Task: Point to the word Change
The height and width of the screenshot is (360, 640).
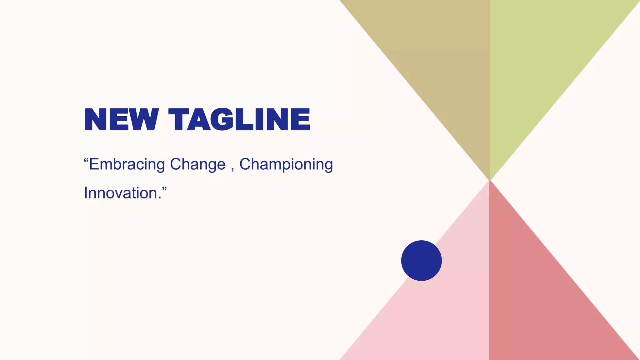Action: (197, 164)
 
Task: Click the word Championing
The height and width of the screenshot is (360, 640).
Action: (286, 164)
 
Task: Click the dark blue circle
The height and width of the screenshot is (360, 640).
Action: (421, 260)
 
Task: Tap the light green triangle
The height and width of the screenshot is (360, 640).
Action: (541, 62)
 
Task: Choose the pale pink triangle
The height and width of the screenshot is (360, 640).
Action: (437, 312)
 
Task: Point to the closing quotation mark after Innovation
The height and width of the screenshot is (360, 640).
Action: (164, 188)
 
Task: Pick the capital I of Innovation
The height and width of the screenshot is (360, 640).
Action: (86, 193)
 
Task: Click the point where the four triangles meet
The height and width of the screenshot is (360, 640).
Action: (490, 180)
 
